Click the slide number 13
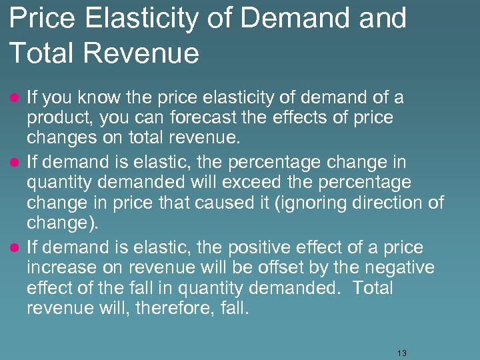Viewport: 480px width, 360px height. pyautogui.click(x=401, y=353)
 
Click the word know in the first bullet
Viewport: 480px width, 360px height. pyautogui.click(x=99, y=99)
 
